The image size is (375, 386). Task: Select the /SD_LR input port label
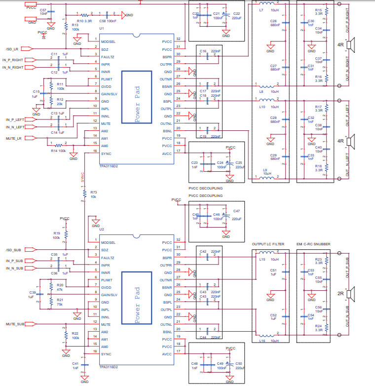[12, 49]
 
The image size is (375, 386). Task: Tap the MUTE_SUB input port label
[15, 324]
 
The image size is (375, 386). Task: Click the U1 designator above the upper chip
[102, 29]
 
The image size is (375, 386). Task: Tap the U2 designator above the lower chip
[102, 229]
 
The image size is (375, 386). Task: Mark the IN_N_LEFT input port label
[15, 127]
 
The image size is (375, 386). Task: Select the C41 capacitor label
[75, 363]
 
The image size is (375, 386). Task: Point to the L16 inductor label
[262, 341]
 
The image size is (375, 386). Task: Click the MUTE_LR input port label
[14, 138]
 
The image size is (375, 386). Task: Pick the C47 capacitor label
[236, 211]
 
